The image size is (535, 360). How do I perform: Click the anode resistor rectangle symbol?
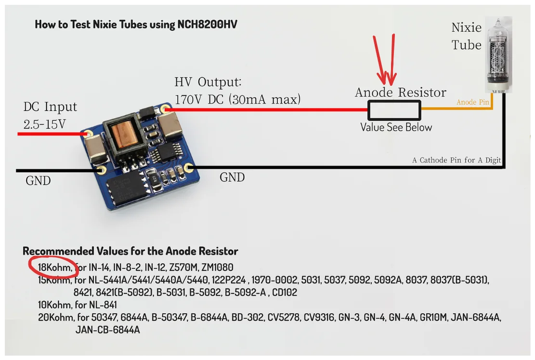click(394, 110)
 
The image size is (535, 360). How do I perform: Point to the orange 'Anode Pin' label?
click(473, 102)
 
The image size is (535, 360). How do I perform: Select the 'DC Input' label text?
click(50, 107)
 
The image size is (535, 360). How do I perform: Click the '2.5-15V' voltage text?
click(45, 124)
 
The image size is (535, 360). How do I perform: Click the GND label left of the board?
click(38, 181)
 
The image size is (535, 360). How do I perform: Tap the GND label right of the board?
click(232, 177)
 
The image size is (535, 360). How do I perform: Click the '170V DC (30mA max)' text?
click(237, 100)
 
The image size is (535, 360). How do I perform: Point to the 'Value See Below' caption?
click(396, 128)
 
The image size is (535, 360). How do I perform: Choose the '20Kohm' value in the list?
click(56, 318)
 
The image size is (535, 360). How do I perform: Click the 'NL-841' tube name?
click(103, 305)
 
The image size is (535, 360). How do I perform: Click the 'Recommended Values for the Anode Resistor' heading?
click(130, 251)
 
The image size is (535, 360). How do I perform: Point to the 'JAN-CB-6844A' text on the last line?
click(107, 330)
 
